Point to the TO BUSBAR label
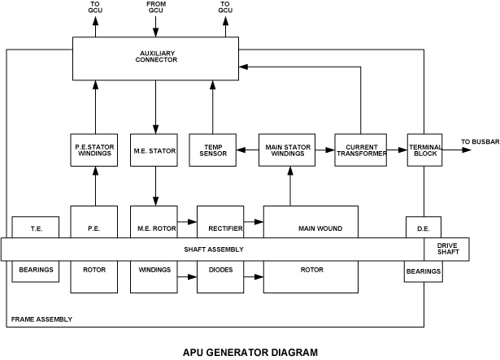480,142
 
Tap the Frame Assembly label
41,319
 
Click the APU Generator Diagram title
250,352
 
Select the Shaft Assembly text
214,249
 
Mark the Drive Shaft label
447,249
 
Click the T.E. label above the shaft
36,229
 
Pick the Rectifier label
220,229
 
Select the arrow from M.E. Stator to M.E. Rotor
154,186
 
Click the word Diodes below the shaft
220,270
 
